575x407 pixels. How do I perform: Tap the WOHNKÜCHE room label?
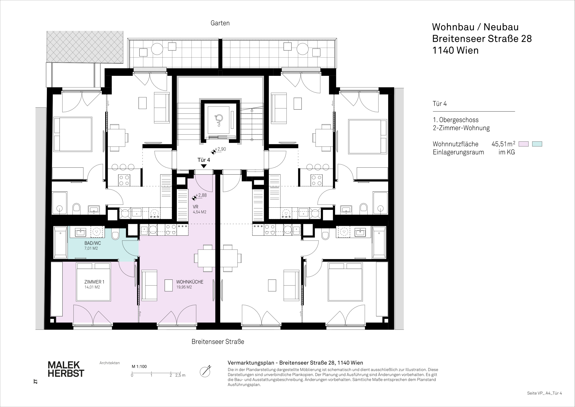click(x=190, y=284)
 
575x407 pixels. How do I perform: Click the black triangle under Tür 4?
click(x=204, y=166)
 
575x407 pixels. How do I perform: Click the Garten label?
click(x=220, y=23)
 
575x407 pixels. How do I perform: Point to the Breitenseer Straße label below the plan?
click(x=218, y=342)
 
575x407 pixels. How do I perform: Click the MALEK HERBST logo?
click(x=66, y=369)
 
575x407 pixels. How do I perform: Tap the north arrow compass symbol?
click(x=205, y=371)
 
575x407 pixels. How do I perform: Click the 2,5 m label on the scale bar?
click(x=180, y=375)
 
